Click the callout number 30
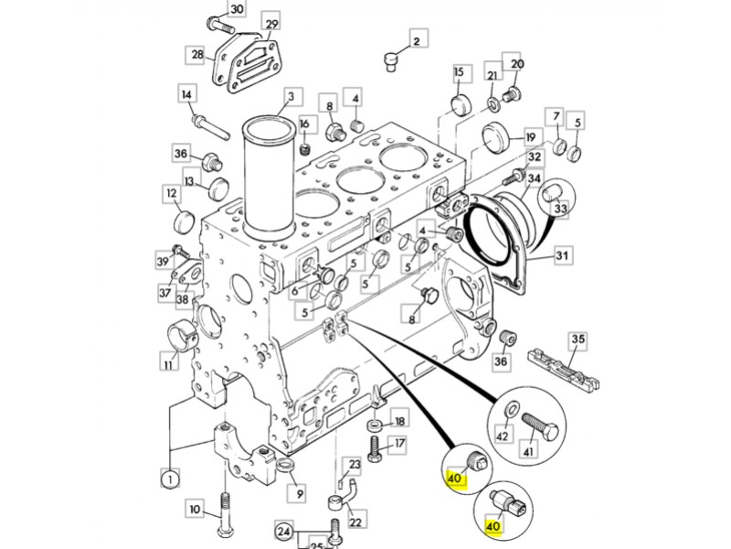[x=237, y=9]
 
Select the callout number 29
[x=271, y=24]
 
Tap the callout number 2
[x=417, y=40]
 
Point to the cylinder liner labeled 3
[x=269, y=178]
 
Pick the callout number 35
[x=578, y=339]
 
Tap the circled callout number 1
[x=170, y=479]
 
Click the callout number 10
[x=195, y=509]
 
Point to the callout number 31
[x=563, y=255]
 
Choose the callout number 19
[x=531, y=138]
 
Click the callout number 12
[x=172, y=193]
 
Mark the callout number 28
[x=197, y=55]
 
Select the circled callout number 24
[x=284, y=531]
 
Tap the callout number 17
[x=399, y=443]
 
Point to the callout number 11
[x=169, y=362]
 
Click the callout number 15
[x=460, y=72]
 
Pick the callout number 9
[x=299, y=493]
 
